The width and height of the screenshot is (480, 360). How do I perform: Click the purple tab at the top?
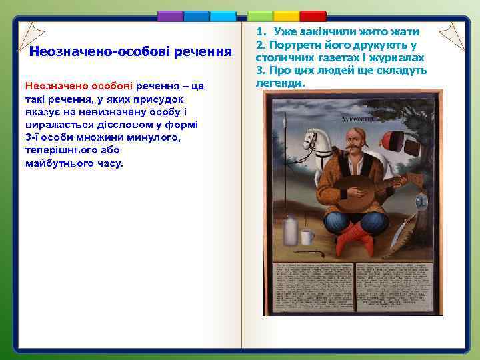[170, 16]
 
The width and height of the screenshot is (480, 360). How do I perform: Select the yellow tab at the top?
[287, 16]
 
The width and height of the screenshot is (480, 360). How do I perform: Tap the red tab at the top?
[313, 16]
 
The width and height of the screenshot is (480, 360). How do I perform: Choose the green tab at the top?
[261, 16]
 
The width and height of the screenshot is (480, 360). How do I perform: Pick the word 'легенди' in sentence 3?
[280, 83]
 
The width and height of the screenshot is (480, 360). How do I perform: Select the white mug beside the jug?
[307, 238]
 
